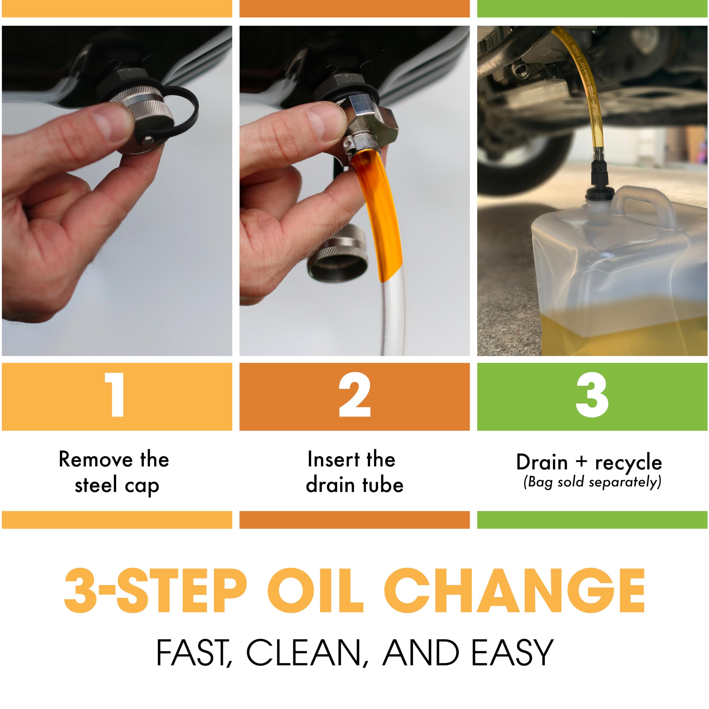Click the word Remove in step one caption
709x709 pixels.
pos(96,459)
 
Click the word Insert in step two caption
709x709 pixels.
pos(328,459)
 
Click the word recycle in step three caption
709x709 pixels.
pos(628,463)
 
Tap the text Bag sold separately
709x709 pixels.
pos(592,482)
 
